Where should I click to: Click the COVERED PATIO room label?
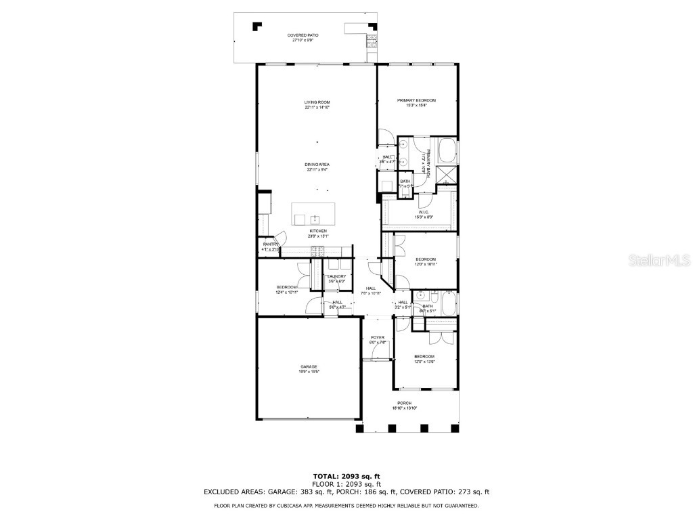[x=303, y=37]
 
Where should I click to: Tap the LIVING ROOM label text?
[x=317, y=104]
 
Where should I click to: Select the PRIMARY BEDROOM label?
[x=416, y=102]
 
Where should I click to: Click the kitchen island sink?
[x=314, y=219]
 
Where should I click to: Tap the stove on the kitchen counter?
[x=316, y=251]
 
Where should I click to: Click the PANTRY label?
[x=271, y=246]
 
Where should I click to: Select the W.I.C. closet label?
[x=425, y=215]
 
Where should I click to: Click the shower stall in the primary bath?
[x=447, y=175]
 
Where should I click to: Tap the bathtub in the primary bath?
[x=447, y=150]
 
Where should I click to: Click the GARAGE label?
[x=309, y=369]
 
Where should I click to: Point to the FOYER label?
[x=377, y=339]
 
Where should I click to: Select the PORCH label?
[x=404, y=406]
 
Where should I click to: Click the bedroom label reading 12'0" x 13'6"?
[x=424, y=359]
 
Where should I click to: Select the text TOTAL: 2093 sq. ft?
[x=346, y=476]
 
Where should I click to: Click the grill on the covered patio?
[x=371, y=41]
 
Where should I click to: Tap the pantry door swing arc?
[x=285, y=237]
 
